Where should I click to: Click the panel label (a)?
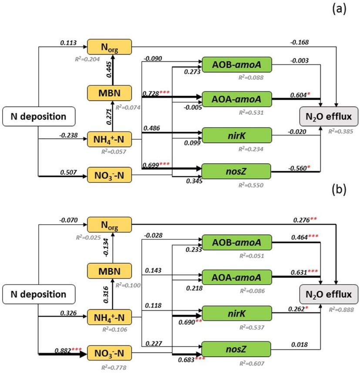point(339,9)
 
